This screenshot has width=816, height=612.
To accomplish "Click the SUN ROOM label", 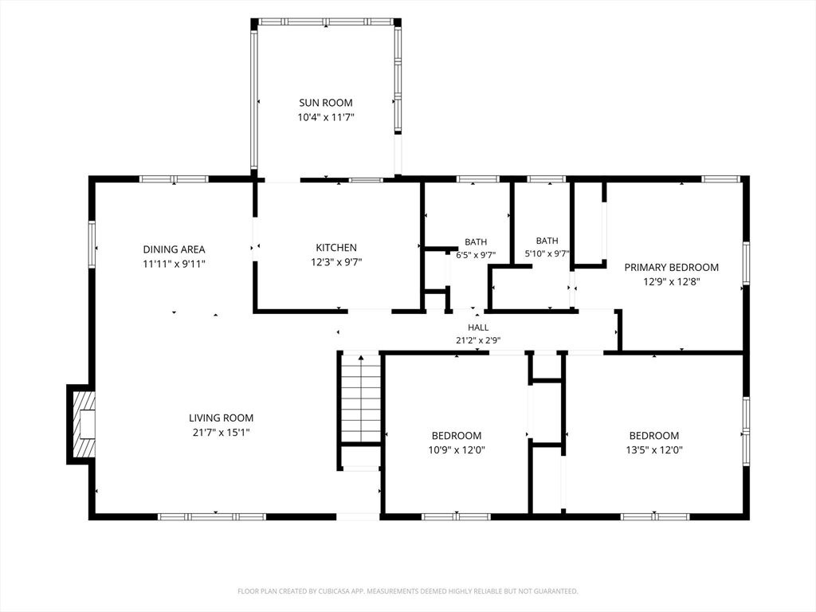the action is pyautogui.click(x=326, y=103).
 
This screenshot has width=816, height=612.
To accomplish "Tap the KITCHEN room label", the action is pyautogui.click(x=336, y=248).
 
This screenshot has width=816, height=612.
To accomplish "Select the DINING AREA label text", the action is pyautogui.click(x=174, y=249).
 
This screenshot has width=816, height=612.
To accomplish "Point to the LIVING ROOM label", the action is pyautogui.click(x=222, y=418).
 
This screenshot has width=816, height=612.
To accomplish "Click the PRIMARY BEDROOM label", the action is pyautogui.click(x=671, y=268).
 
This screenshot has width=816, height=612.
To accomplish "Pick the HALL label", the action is pyautogui.click(x=478, y=328).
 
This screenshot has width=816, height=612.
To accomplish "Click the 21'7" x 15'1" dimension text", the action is pyautogui.click(x=222, y=433).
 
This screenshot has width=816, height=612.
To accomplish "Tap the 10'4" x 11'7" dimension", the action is pyautogui.click(x=326, y=118).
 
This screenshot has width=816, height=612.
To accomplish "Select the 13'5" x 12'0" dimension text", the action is pyautogui.click(x=654, y=450).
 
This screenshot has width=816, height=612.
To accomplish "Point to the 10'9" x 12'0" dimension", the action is pyautogui.click(x=457, y=450).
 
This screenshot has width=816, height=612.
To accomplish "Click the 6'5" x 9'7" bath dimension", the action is pyautogui.click(x=476, y=256).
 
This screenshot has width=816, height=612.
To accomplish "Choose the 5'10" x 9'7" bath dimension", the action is pyautogui.click(x=547, y=254).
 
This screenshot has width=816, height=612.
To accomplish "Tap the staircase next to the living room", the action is pyautogui.click(x=361, y=398).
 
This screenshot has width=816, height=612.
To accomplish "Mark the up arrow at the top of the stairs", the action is pyautogui.click(x=361, y=358).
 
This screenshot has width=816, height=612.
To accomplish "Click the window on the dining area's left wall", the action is pyautogui.click(x=92, y=245).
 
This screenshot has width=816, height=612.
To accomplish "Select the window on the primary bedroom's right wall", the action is pyautogui.click(x=746, y=263).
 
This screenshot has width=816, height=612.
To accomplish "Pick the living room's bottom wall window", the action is pyautogui.click(x=212, y=516).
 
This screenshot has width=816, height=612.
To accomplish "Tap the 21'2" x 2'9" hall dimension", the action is pyautogui.click(x=478, y=341).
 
